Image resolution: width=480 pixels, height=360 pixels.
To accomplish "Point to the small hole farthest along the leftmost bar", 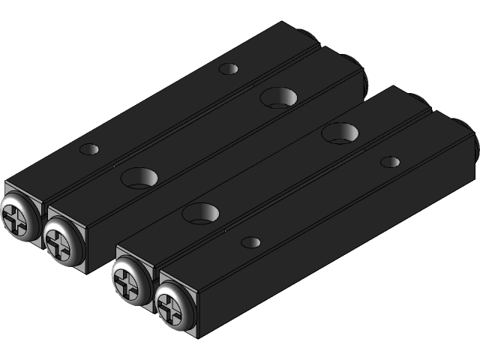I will click(228, 69).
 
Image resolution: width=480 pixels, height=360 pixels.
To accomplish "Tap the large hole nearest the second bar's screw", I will click(139, 178).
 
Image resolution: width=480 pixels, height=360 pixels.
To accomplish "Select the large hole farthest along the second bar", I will click(278, 96).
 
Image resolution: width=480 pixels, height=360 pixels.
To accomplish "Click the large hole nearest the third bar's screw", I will click(200, 213).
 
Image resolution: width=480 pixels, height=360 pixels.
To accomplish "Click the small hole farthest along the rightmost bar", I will click(390, 161).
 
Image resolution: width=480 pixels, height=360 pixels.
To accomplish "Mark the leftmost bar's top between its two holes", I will click(157, 109).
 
